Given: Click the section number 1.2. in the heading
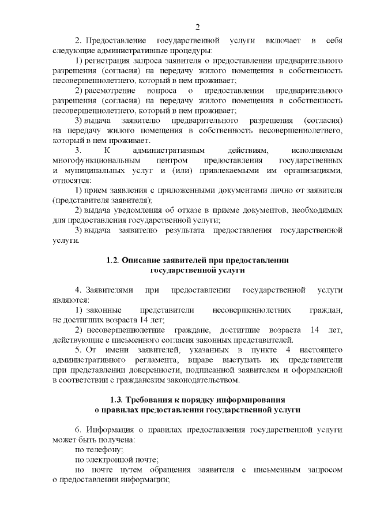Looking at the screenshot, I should click(x=113, y=261).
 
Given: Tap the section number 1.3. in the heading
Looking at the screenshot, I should click(x=118, y=400).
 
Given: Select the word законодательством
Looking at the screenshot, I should click(x=195, y=380).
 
